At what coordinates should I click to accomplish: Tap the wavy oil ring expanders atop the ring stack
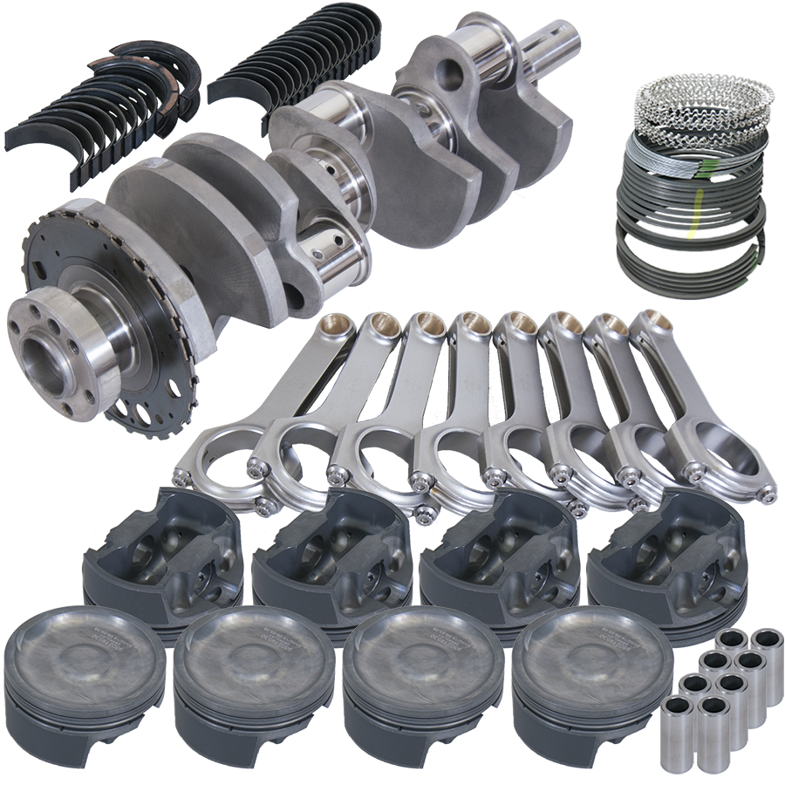703,100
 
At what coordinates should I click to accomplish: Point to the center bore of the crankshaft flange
44,358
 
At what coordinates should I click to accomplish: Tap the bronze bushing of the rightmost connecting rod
656,322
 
